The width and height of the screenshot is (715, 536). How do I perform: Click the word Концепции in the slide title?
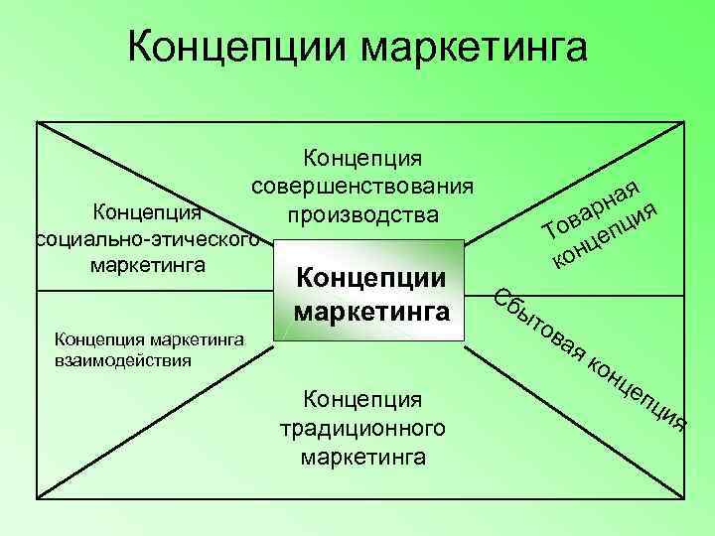tap(236, 48)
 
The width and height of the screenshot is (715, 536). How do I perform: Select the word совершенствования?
tap(362, 186)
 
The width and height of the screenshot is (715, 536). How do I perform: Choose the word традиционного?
tap(362, 429)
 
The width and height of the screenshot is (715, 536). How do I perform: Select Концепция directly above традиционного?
tap(362, 399)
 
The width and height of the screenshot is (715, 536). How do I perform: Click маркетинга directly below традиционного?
tap(362, 457)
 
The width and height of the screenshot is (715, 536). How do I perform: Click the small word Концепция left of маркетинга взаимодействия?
tap(92, 340)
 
